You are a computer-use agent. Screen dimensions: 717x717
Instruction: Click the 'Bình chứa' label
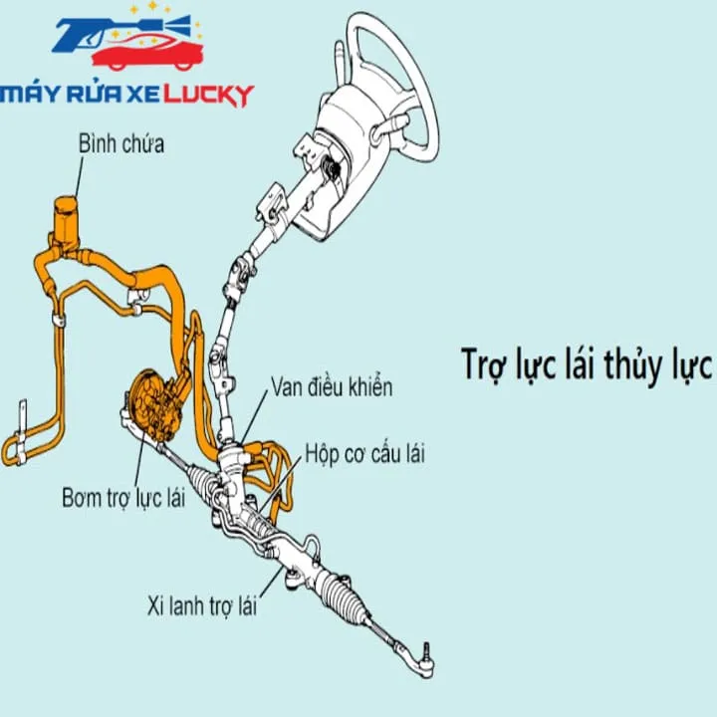(121, 143)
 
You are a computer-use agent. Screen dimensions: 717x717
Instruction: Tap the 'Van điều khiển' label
(332, 387)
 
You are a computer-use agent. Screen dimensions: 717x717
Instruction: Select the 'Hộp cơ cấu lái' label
(364, 454)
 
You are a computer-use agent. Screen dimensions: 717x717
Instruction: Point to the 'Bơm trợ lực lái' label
(123, 498)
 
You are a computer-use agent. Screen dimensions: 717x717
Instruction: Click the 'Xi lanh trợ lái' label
(201, 605)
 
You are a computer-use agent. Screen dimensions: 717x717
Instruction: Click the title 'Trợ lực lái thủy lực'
(587, 364)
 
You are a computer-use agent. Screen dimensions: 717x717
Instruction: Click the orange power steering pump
(154, 405)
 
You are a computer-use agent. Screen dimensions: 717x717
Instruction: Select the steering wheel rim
(424, 83)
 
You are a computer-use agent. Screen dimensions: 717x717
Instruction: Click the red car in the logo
(147, 54)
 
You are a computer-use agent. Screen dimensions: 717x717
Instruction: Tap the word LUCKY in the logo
(208, 96)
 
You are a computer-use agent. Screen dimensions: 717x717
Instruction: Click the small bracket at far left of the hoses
(21, 432)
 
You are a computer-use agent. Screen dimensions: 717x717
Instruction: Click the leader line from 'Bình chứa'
(79, 178)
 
